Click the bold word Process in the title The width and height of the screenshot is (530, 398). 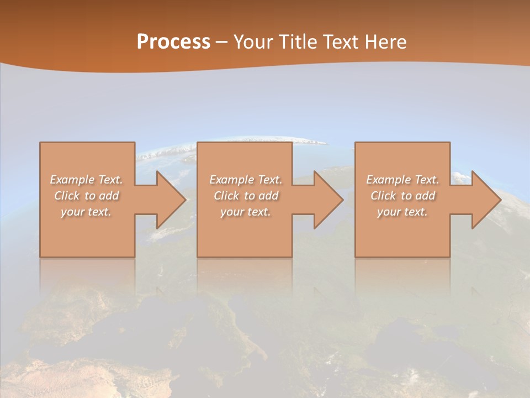[x=173, y=41]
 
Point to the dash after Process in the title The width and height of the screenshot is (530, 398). [x=221, y=42]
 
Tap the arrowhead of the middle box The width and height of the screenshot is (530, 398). [x=328, y=200]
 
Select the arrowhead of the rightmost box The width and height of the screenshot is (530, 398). [x=486, y=200]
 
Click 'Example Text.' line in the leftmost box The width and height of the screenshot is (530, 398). [x=86, y=180]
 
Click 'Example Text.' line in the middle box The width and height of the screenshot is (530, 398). [x=245, y=180]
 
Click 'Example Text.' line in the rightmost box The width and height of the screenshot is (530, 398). [x=402, y=180]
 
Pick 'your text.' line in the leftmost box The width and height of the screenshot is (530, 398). [x=86, y=212]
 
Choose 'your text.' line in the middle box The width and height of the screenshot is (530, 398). [x=245, y=212]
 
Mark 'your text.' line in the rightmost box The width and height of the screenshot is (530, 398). [x=402, y=212]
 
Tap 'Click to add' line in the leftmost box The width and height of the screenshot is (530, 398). [x=86, y=196]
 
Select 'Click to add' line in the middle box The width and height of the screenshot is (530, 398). [x=245, y=196]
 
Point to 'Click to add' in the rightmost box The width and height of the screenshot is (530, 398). [x=402, y=196]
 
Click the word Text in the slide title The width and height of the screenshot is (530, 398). [x=341, y=41]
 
